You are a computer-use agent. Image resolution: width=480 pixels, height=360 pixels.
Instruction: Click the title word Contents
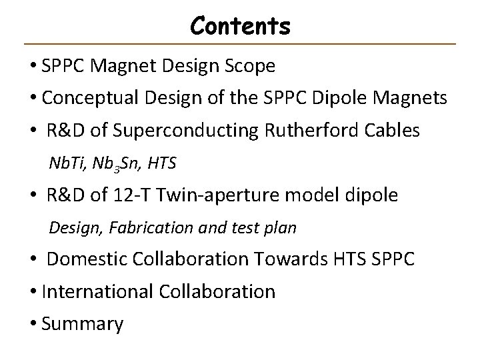[240, 26]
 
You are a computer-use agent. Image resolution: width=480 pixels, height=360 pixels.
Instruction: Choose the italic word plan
[282, 228]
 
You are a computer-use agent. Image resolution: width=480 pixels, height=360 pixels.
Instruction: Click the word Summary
[82, 324]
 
